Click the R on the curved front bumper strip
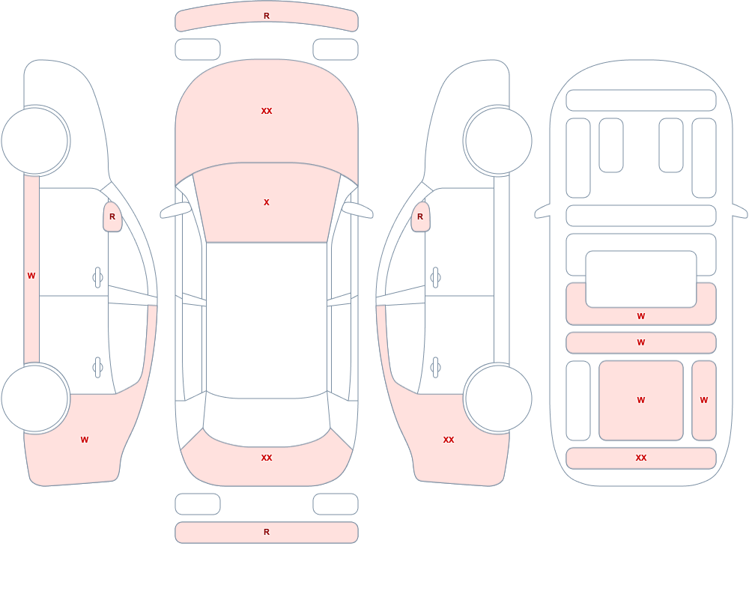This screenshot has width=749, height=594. click(x=267, y=16)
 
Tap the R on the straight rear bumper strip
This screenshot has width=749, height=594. click(x=267, y=532)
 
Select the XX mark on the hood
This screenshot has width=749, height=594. click(x=267, y=111)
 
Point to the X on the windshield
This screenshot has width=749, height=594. click(x=267, y=203)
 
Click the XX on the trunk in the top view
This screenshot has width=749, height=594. click(x=267, y=458)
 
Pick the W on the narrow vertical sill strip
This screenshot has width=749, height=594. click(x=31, y=276)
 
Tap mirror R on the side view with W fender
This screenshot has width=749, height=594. click(x=112, y=217)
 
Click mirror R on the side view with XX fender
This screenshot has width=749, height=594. click(x=420, y=217)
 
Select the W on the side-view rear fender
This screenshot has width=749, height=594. click(x=85, y=440)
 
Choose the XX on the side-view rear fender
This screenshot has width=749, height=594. click(x=449, y=440)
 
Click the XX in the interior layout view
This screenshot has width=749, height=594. click(x=641, y=458)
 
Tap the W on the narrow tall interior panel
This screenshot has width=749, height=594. click(x=704, y=400)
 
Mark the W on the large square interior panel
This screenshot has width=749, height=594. click(x=641, y=400)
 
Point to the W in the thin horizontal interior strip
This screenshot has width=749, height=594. click(x=641, y=342)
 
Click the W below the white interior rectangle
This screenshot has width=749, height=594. click(x=641, y=316)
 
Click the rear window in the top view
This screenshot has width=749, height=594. click(x=267, y=420)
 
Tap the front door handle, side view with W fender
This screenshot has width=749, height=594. click(x=98, y=278)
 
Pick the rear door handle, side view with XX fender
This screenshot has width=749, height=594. click(x=435, y=368)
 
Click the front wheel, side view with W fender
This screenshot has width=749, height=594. click(x=35, y=141)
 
